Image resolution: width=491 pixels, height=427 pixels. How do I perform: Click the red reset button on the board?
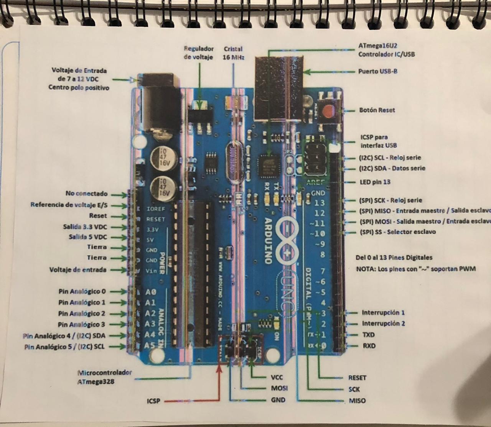click(328, 112)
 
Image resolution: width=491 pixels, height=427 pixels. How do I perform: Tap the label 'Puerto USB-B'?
click(377, 71)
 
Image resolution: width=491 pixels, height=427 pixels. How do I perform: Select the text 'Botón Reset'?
click(377, 110)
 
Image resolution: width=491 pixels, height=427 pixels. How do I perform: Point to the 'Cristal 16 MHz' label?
click(233, 53)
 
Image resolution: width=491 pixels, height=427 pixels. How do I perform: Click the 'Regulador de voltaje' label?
click(198, 53)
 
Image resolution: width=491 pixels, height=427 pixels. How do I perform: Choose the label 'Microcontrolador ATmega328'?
click(104, 377)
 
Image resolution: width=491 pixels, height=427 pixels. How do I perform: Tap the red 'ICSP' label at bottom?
click(153, 401)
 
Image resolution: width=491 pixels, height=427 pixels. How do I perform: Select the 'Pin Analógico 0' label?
click(82, 291)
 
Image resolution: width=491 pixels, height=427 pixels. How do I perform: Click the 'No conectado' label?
click(86, 194)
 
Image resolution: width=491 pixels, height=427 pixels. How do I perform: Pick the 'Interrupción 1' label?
click(383, 312)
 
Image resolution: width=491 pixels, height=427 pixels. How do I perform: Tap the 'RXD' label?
click(369, 346)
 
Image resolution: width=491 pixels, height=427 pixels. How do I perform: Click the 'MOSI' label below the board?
click(279, 388)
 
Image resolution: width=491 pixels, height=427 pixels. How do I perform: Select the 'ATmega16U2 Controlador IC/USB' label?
click(386, 50)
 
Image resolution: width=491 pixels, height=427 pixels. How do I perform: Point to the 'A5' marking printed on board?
click(150, 346)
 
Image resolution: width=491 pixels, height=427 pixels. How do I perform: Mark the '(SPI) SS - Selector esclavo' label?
click(397, 232)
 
